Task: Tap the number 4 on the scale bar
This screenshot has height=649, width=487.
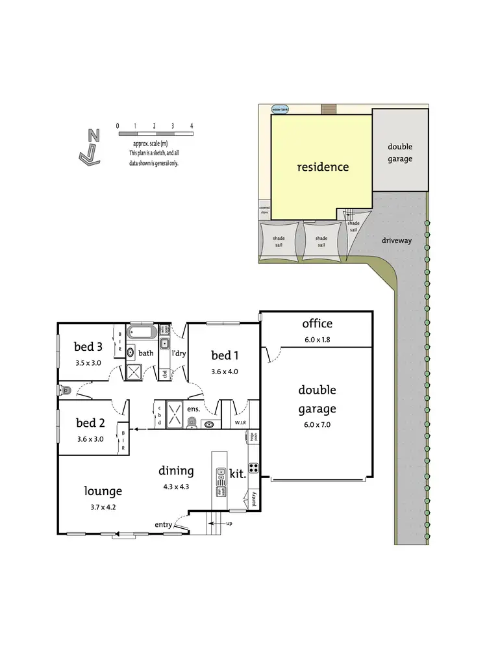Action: pos(192,125)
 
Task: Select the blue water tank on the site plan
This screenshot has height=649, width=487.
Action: pos(281,110)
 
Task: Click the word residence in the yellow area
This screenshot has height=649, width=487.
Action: pos(323,167)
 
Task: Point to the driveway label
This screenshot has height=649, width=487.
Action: pos(397,240)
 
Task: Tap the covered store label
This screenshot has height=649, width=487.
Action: pos(264,209)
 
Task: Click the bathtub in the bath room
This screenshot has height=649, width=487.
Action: pos(141,333)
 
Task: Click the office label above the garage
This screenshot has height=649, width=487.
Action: pos(317,324)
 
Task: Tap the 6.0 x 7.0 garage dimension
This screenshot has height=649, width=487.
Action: pos(317,425)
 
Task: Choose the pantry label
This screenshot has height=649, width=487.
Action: pos(253,499)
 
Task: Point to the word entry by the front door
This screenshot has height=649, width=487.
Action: pos(163,524)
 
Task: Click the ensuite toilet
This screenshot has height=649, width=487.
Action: pos(191,423)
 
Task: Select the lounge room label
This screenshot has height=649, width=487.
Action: pos(103,491)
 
